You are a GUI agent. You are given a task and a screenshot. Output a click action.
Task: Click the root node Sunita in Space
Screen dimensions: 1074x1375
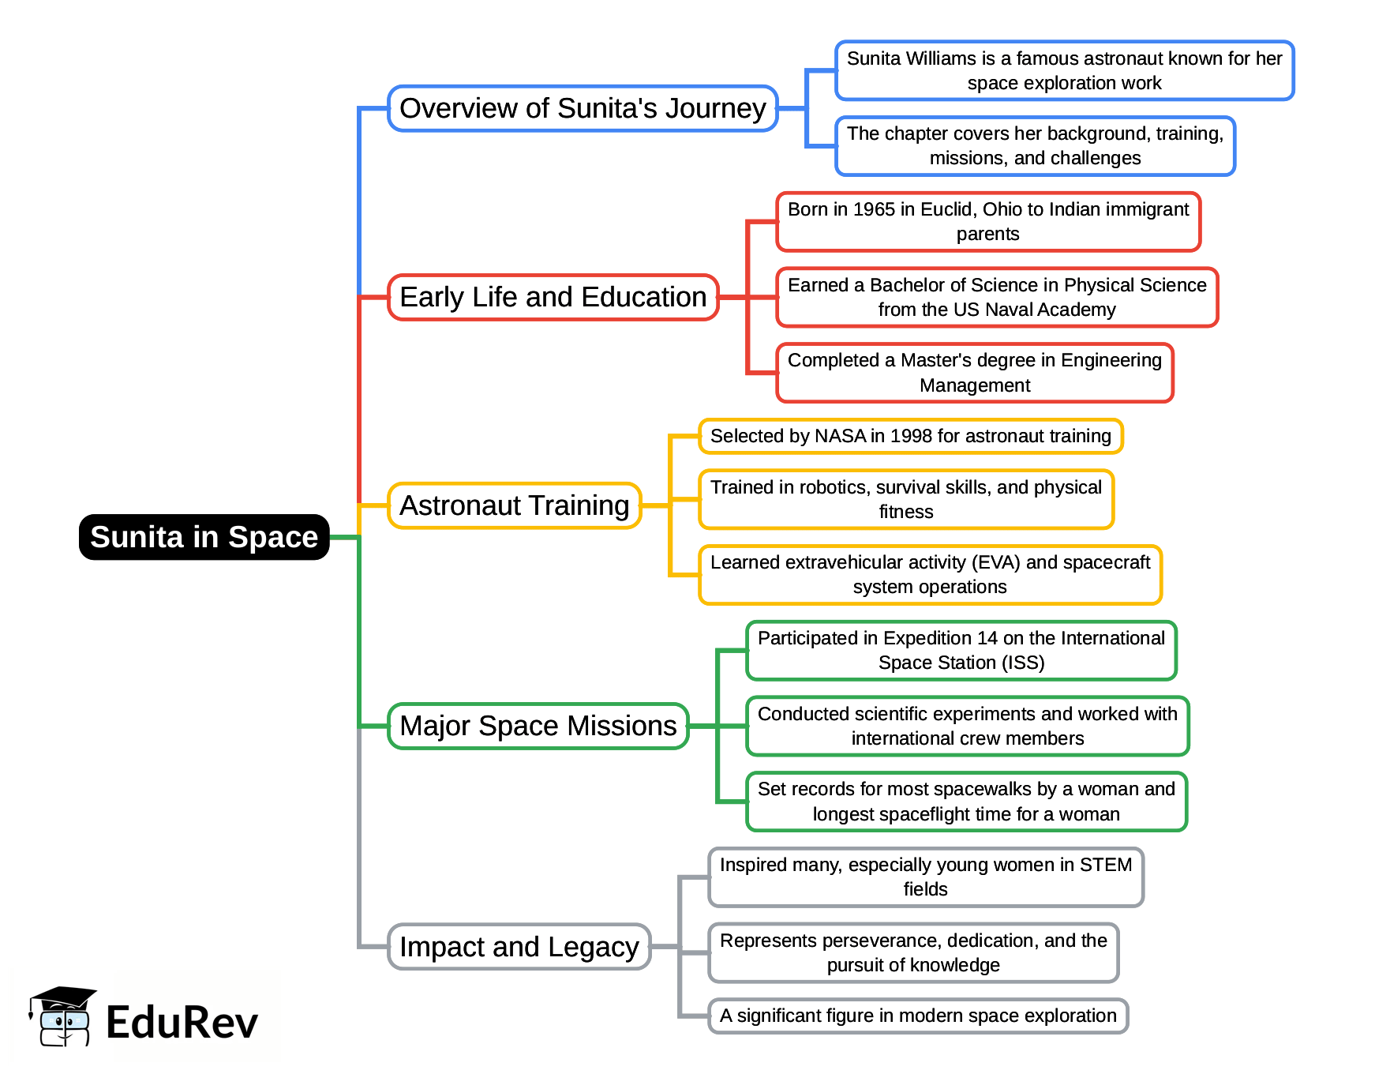point(204,537)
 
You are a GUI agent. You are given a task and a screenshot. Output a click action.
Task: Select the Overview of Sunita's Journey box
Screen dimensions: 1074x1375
point(583,108)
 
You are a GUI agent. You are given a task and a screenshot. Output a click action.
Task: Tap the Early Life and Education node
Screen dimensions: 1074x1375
point(553,297)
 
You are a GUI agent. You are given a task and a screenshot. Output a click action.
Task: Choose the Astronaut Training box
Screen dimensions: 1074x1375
point(514,505)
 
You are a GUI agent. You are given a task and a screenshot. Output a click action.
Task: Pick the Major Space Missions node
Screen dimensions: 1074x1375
point(538,726)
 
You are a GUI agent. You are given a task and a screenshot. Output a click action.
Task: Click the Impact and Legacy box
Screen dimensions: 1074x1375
point(519,946)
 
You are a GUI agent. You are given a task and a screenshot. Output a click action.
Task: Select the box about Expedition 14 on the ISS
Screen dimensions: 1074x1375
point(961,650)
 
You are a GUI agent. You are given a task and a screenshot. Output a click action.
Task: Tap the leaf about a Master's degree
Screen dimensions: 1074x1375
point(974,373)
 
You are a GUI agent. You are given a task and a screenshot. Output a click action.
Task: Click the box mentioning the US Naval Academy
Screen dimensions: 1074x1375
point(996,297)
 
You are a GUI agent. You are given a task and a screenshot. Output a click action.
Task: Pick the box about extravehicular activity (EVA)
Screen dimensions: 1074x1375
point(930,574)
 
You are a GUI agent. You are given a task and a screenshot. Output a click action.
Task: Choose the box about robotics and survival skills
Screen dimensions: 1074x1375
point(905,499)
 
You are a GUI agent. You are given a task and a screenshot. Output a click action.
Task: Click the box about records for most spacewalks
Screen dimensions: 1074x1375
point(966,801)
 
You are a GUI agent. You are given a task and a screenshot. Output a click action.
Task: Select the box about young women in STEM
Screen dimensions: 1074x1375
point(925,877)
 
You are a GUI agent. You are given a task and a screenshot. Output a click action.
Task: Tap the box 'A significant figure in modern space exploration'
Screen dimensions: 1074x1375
point(917,1016)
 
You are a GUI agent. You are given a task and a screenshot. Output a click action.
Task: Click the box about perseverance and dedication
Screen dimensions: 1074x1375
point(913,952)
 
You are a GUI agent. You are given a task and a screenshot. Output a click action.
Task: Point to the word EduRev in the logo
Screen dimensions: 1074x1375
point(182,1023)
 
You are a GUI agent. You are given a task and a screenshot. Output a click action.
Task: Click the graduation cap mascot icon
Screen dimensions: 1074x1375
point(63,1016)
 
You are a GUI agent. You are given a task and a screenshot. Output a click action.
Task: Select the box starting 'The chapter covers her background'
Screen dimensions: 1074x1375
point(1035,146)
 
